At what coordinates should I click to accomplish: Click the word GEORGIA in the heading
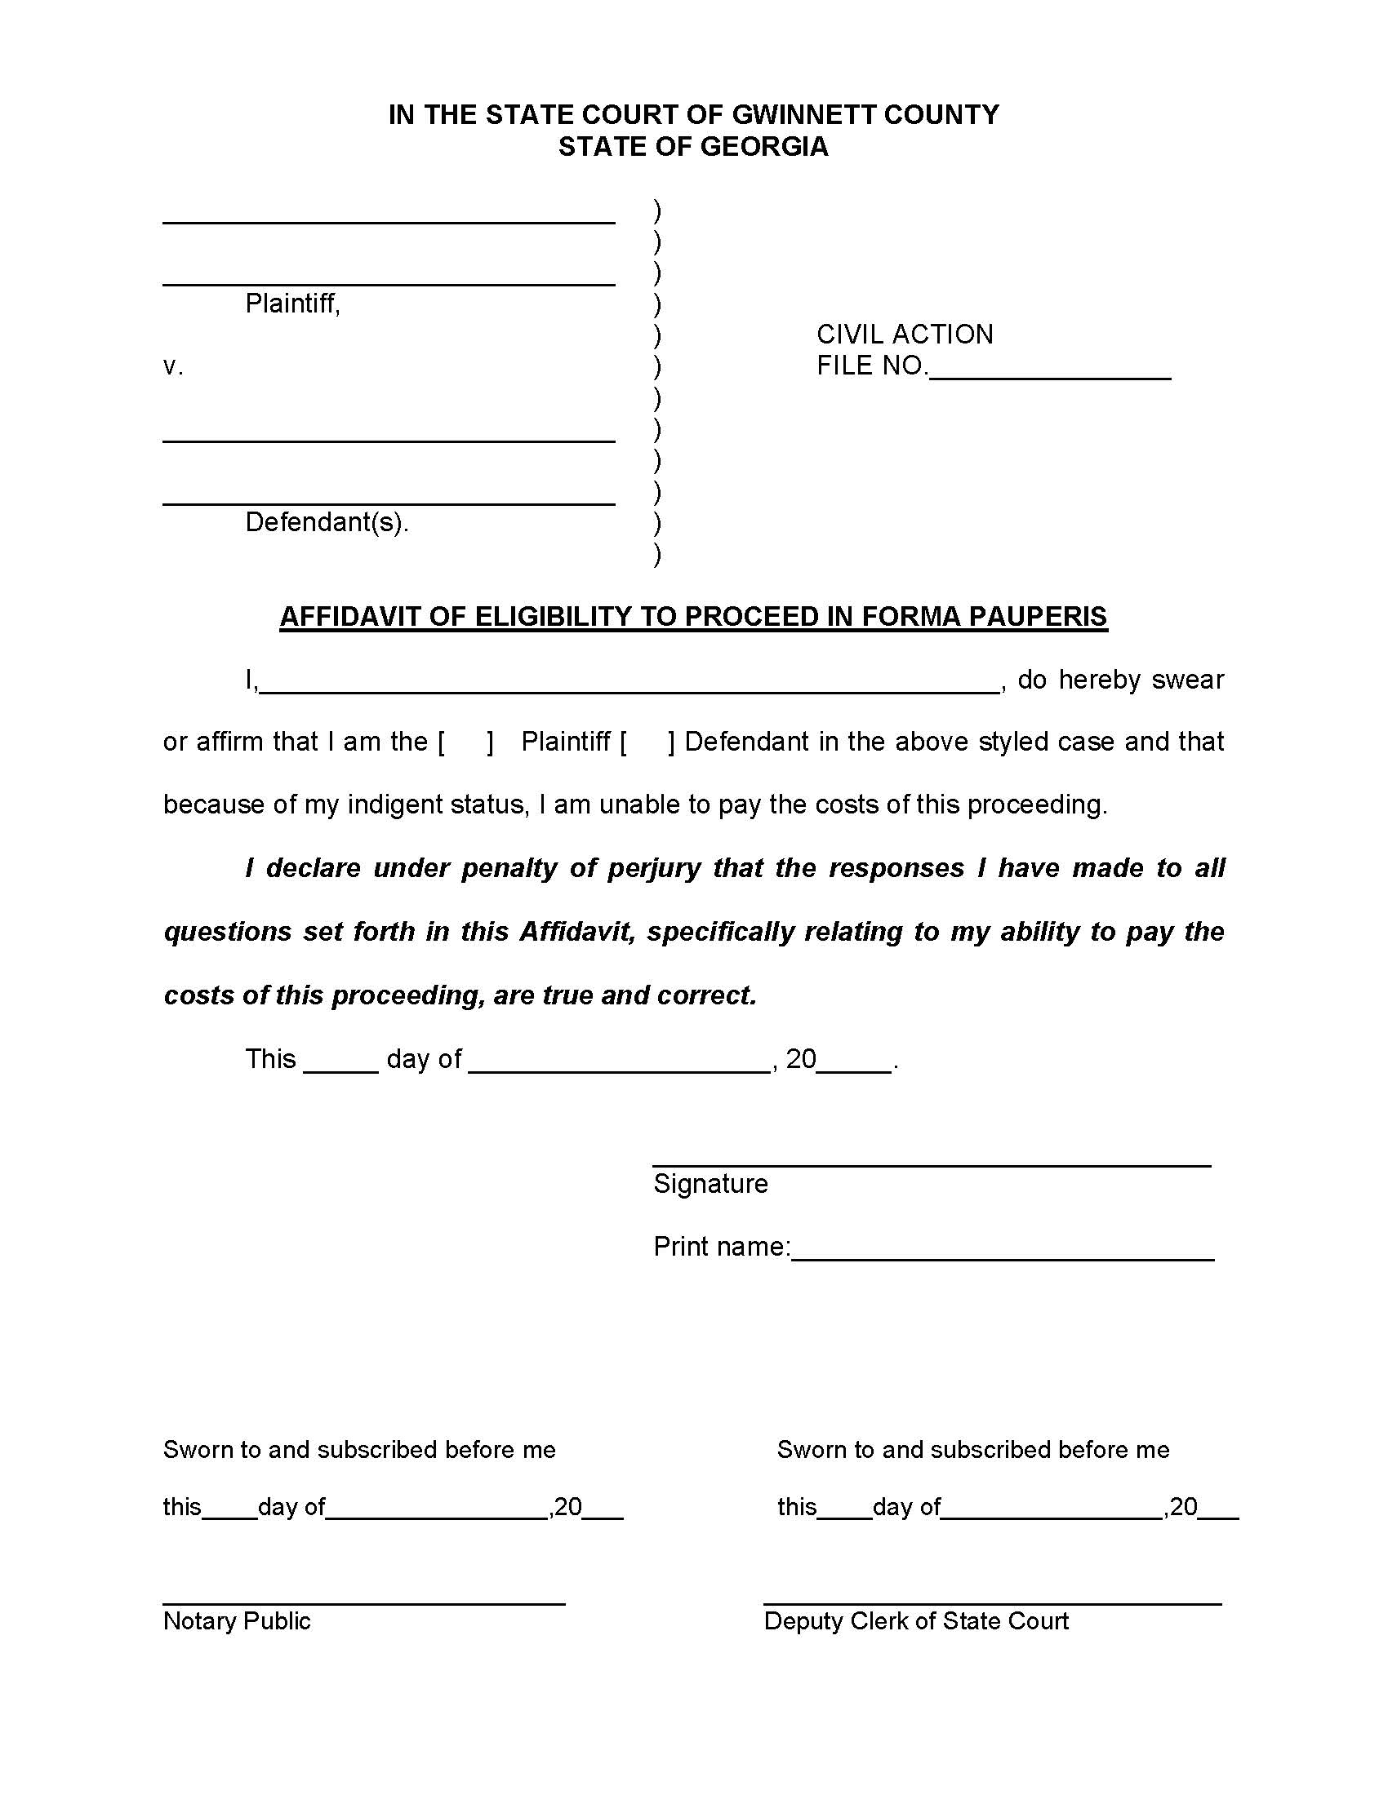point(764,147)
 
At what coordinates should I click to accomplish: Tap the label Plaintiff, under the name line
point(292,304)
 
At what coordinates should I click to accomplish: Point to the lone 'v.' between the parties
point(172,366)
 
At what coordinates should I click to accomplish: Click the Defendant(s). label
point(327,522)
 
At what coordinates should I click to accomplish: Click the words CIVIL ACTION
point(905,335)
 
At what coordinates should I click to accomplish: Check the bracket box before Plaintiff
point(466,742)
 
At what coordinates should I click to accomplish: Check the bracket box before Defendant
point(648,742)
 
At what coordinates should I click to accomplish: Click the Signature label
point(710,1185)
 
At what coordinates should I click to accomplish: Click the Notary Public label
point(237,1620)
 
